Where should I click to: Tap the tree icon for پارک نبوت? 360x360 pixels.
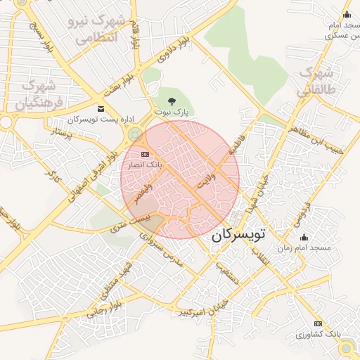(173, 101)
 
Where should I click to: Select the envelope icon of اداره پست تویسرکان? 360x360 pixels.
(101, 108)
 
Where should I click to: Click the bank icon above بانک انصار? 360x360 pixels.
(145, 154)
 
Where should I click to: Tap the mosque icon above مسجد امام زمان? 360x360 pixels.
(304, 238)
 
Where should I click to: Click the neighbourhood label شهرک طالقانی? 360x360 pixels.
(314, 82)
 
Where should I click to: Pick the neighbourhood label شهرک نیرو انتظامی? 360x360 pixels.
(97, 27)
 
